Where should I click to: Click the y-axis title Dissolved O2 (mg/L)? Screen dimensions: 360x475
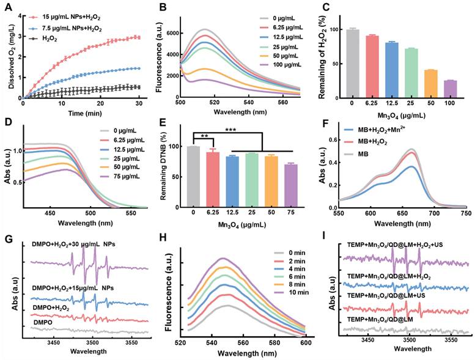click(7, 54)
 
